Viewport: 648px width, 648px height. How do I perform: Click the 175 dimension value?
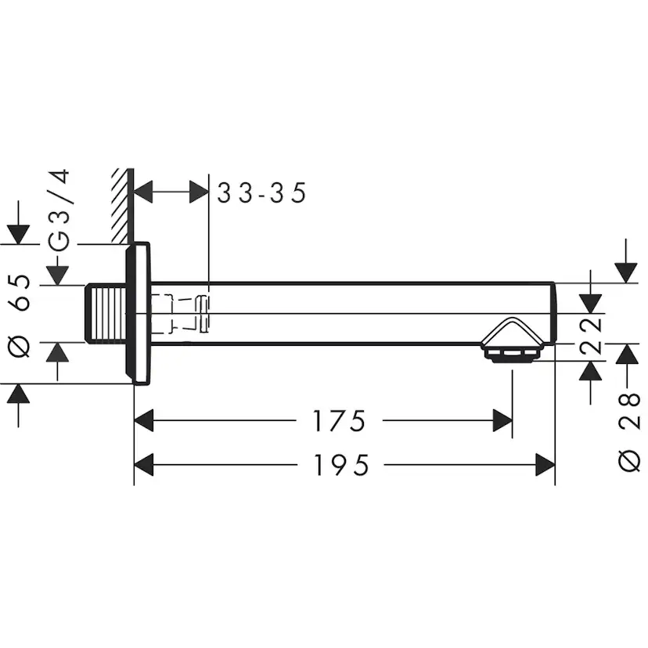339,423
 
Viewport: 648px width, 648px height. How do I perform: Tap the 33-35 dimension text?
261,193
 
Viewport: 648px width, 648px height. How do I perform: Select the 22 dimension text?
592,335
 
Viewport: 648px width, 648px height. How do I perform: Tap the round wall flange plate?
140,313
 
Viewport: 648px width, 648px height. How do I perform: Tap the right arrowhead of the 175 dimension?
502,423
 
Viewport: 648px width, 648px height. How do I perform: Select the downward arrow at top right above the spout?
625,272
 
